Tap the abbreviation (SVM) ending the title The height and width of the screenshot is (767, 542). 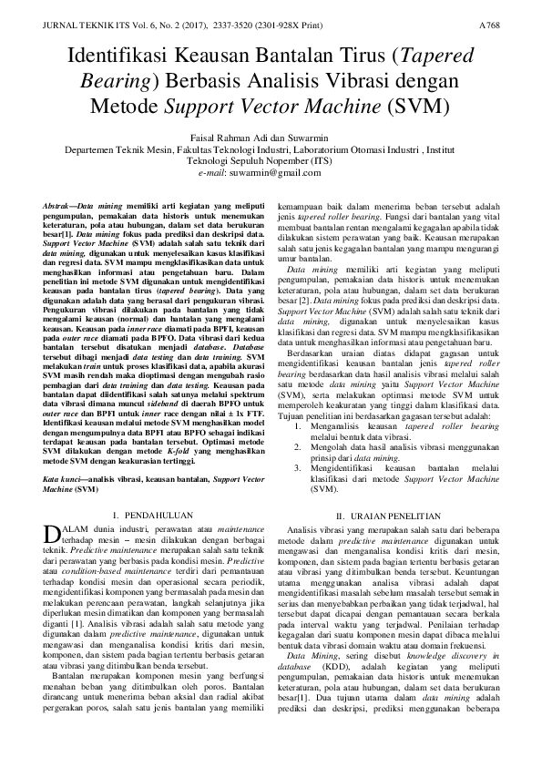[x=397, y=105]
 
